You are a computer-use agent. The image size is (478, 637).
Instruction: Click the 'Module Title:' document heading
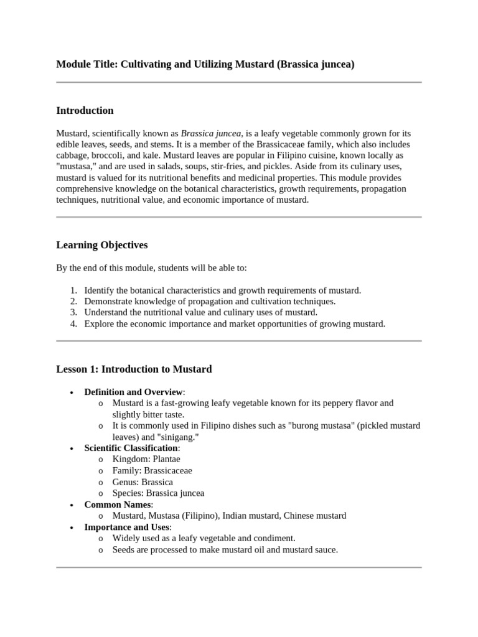87,64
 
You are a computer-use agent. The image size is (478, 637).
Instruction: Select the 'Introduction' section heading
85,111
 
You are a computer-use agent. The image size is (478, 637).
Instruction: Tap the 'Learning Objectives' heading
101,245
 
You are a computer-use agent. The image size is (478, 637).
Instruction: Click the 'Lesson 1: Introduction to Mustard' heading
134,369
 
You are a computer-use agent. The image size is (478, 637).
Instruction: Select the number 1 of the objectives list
73,291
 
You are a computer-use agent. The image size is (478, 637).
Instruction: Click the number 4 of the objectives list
73,324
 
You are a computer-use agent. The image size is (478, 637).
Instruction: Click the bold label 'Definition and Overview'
133,392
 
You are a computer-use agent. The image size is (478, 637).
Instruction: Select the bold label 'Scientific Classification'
131,448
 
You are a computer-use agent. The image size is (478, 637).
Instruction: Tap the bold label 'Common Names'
118,504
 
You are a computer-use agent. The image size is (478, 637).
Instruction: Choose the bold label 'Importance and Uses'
126,527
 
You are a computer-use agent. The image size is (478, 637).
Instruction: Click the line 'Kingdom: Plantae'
146,459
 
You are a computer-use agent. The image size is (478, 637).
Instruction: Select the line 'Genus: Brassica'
143,482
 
